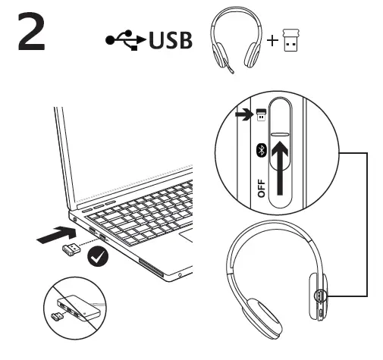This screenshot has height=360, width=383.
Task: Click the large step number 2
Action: tap(31, 32)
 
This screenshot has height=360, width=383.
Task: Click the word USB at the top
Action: tap(171, 40)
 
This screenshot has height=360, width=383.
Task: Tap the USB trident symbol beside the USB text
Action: tap(126, 40)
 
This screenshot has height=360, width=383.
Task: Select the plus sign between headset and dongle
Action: tap(272, 41)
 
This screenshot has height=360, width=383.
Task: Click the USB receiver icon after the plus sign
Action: tap(290, 40)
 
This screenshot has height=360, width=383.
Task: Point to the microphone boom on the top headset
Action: tap(228, 66)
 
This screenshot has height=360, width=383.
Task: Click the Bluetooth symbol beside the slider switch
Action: tap(262, 151)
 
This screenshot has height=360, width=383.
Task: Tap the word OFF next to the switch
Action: tap(262, 188)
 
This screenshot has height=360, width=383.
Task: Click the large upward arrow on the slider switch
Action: tap(280, 168)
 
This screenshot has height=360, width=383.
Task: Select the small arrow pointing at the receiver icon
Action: tap(243, 114)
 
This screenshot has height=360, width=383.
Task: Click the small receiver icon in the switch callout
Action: tap(261, 115)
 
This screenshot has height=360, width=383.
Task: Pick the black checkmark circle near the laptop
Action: tap(98, 256)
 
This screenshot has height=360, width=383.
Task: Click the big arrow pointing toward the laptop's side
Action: tap(57, 236)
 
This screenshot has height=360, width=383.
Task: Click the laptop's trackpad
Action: tap(187, 236)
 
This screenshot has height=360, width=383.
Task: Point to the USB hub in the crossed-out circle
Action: tap(77, 307)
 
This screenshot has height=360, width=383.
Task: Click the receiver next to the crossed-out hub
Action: tap(58, 317)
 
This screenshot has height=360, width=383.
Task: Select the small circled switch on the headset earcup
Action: tap(320, 296)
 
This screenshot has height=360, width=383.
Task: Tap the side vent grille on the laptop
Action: tap(151, 268)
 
